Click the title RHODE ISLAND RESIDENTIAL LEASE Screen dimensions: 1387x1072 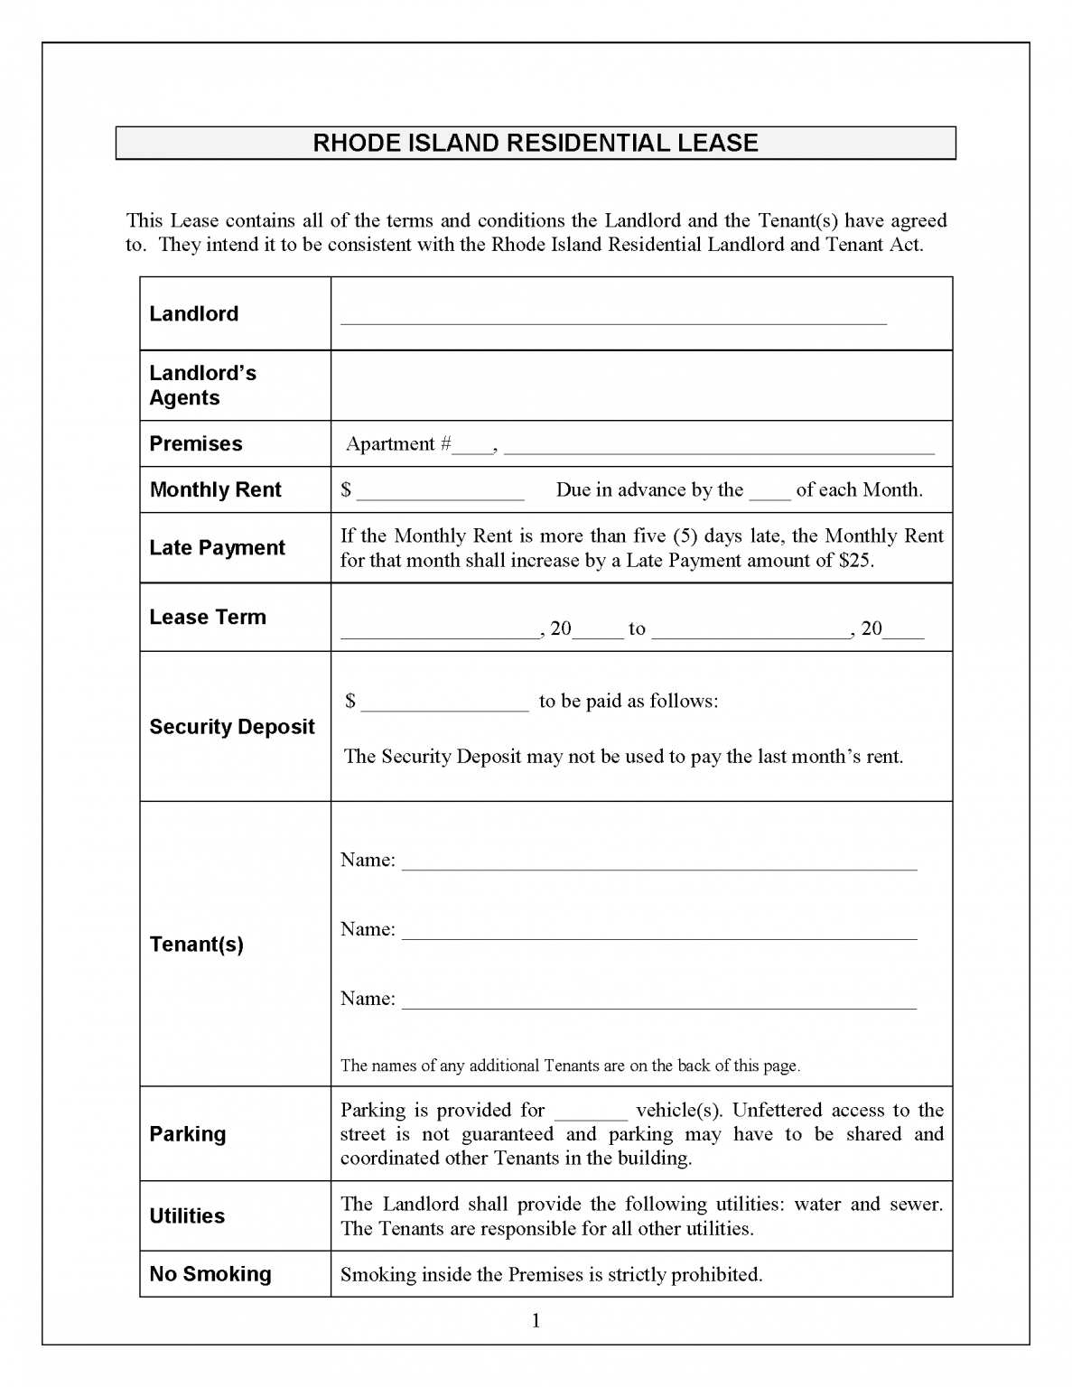pos(535,143)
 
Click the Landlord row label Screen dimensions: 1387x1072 pos(193,313)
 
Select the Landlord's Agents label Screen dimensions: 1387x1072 pos(202,386)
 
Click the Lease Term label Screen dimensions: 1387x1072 pos(208,617)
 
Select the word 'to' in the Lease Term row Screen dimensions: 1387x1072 pos(637,628)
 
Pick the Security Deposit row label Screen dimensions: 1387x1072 pos(231,727)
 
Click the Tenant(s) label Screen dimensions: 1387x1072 pos(196,945)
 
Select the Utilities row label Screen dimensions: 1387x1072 pos(187,1215)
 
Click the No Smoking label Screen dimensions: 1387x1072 pos(210,1274)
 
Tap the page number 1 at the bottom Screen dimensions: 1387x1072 pos(536,1321)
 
